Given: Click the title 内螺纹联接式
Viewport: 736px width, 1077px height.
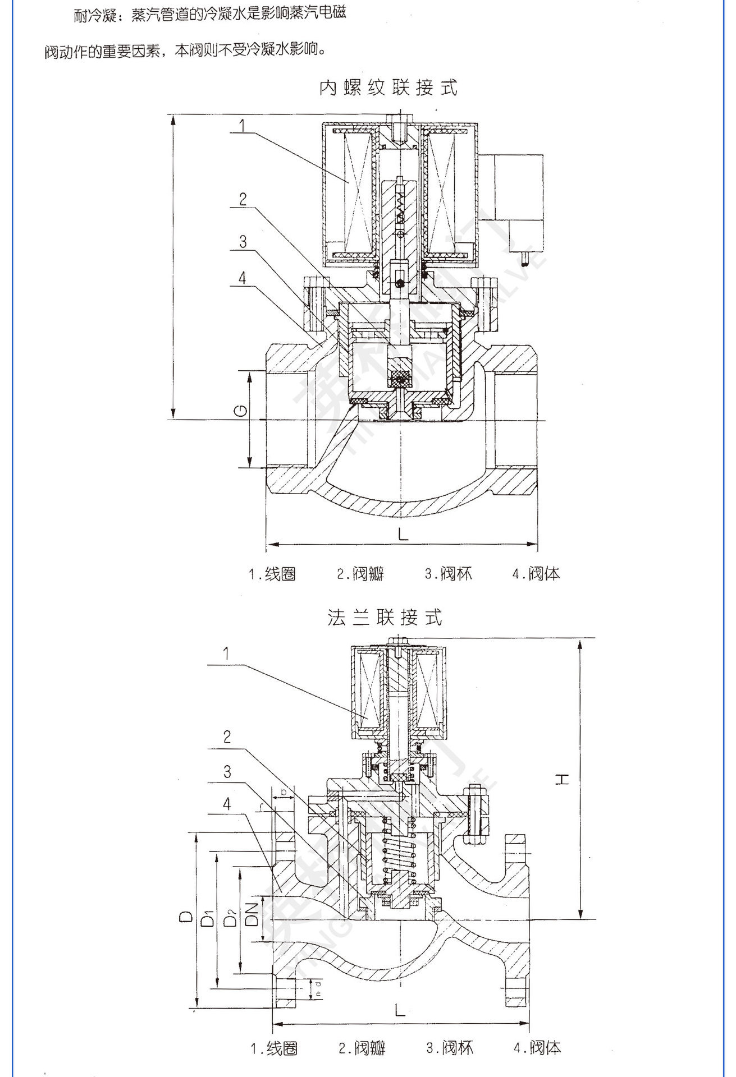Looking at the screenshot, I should coord(388,88).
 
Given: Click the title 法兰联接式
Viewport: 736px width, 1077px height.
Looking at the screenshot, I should coord(385,618).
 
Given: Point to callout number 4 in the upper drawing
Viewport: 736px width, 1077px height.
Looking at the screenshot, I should coord(242,278).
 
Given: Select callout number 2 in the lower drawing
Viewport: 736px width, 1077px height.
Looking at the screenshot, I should coord(227,737).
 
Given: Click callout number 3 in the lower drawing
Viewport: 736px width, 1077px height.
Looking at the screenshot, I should coord(227,772).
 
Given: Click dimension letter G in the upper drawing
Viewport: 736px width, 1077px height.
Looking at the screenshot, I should coord(240,411).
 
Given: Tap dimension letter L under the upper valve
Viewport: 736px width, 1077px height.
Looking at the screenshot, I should coord(403,533).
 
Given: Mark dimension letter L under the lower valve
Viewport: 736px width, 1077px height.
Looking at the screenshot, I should coord(399,1010).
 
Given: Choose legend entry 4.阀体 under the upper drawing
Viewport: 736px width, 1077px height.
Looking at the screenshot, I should coord(536,574).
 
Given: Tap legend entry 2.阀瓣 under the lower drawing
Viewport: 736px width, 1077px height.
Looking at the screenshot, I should coord(362,1048).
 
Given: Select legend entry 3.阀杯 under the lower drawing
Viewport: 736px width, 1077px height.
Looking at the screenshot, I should coord(450,1048).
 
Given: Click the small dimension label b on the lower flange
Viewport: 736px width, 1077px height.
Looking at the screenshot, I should coord(284,791).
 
